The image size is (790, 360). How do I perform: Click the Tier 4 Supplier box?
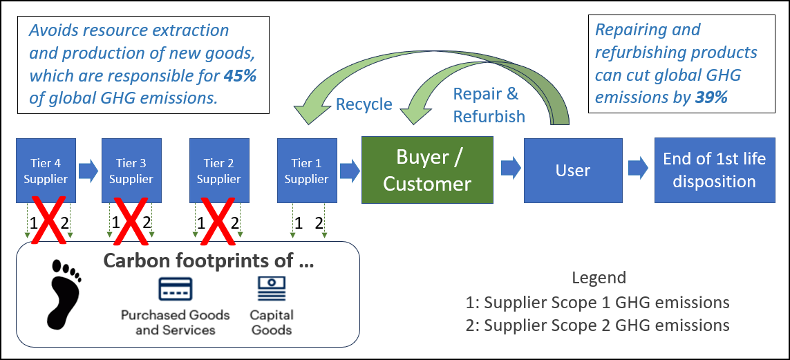coord(46,171)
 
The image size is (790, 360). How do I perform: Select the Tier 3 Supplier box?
coord(131,171)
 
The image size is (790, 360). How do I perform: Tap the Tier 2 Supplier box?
coord(218,171)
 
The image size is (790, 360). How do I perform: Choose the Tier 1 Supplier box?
coord(306,171)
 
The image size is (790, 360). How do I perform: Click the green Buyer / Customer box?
coord(427,169)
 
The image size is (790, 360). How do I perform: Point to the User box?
coord(573,170)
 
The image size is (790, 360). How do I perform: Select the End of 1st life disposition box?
coord(714,170)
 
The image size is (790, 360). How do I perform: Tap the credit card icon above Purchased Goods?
coord(176,289)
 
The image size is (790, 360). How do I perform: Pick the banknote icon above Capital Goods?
coord(272,289)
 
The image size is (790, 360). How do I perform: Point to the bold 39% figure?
coord(711,97)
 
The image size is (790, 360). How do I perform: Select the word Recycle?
coord(364,104)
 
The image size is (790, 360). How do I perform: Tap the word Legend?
coord(599,278)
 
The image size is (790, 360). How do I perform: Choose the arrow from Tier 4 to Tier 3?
coord(88,171)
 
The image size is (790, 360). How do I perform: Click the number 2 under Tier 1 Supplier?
coord(319,222)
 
